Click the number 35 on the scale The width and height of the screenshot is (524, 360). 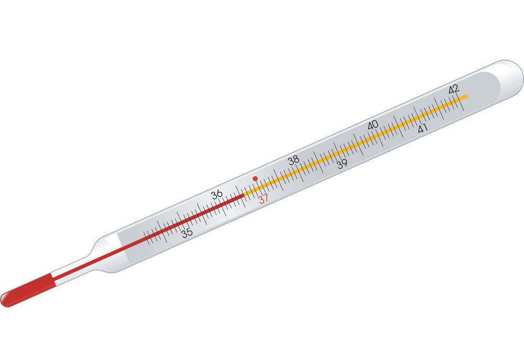click(x=187, y=233)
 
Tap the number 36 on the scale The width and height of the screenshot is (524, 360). click(x=217, y=194)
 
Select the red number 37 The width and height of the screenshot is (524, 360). click(x=264, y=199)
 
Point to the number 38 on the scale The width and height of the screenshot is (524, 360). click(x=294, y=160)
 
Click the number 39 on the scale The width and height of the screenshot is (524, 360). click(x=342, y=164)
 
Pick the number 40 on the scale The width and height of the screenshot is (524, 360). click(x=373, y=125)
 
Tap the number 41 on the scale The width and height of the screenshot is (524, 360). click(x=423, y=128)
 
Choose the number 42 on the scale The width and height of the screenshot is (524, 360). click(x=454, y=89)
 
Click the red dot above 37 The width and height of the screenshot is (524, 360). click(x=255, y=179)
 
